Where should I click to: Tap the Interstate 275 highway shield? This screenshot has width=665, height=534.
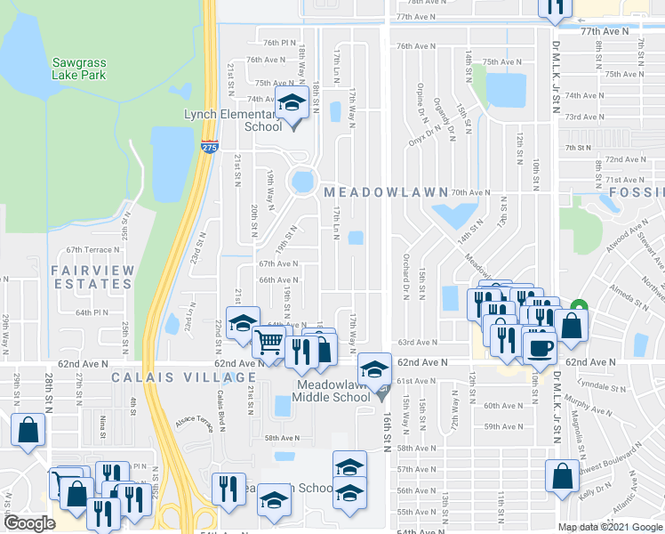pyautogui.click(x=209, y=146)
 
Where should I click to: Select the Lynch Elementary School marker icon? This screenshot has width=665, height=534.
pyautogui.click(x=290, y=104)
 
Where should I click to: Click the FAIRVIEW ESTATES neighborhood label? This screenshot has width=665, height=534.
pyautogui.click(x=92, y=277)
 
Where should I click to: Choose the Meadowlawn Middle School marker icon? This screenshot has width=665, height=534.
pyautogui.click(x=373, y=368)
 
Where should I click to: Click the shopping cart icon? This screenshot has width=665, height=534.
pyautogui.click(x=268, y=341)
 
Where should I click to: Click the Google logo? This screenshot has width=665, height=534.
pyautogui.click(x=29, y=523)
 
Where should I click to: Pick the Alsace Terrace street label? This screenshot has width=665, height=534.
pyautogui.click(x=195, y=422)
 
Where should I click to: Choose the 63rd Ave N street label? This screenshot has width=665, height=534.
pyautogui.click(x=418, y=342)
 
